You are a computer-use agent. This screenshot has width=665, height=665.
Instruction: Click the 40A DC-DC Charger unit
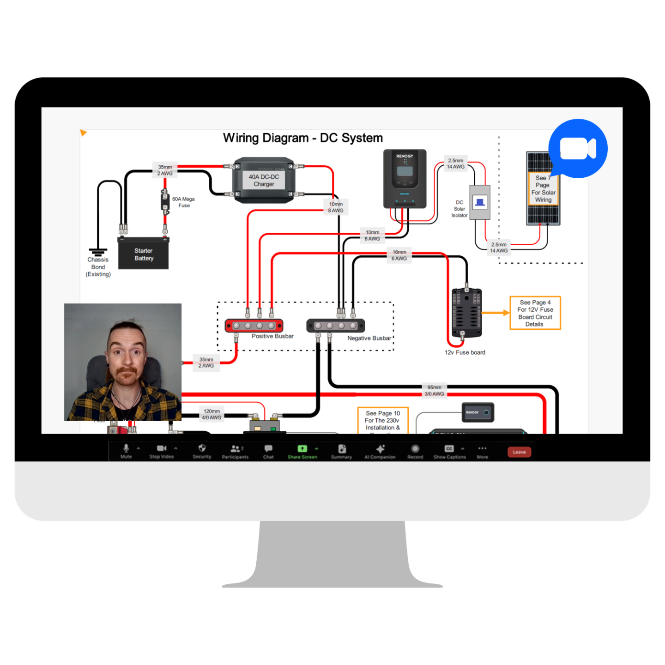(x=264, y=180)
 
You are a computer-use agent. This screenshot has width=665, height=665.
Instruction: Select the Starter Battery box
(x=144, y=254)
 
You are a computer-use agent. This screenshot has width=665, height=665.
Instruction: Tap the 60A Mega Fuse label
(x=183, y=202)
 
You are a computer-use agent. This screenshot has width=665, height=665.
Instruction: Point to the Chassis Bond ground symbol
(x=98, y=252)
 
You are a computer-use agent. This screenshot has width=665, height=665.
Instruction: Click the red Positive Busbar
(x=254, y=326)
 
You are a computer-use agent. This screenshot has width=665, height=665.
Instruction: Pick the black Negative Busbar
(x=336, y=326)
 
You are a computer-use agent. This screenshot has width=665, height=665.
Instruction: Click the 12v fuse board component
(x=466, y=313)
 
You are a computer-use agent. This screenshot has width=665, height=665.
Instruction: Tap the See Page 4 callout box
(x=535, y=313)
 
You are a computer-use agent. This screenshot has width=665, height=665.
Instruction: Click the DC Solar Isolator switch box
(x=480, y=202)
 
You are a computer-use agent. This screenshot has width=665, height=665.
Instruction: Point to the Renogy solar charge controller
(x=405, y=179)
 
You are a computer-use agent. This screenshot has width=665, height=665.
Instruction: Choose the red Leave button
(x=519, y=452)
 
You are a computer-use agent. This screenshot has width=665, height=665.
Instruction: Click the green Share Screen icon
(x=302, y=448)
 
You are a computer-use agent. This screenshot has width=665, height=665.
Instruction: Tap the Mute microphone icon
(x=126, y=448)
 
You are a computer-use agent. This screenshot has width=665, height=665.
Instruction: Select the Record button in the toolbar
(x=415, y=448)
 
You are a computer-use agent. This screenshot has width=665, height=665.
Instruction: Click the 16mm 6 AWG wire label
(x=399, y=255)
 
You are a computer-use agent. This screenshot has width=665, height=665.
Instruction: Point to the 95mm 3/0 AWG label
(x=435, y=391)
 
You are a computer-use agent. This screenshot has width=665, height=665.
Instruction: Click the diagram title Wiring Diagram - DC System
(x=303, y=138)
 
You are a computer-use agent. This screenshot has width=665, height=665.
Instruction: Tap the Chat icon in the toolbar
(x=268, y=448)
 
